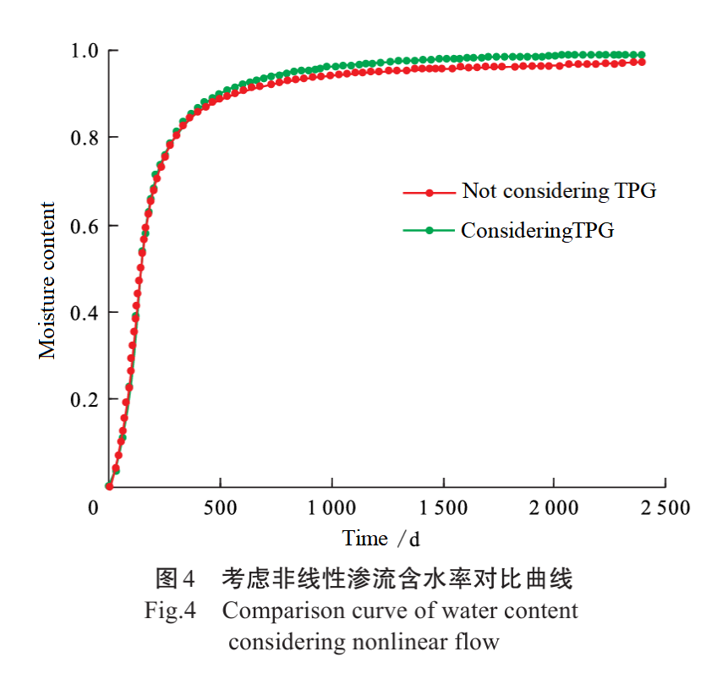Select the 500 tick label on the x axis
click(220, 508)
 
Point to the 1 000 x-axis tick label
click(331, 508)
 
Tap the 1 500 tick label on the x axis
click(443, 508)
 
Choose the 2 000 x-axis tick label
click(555, 508)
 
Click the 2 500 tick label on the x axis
click(665, 508)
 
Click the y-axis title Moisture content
click(47, 280)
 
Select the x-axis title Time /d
click(381, 539)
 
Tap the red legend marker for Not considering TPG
click(429, 193)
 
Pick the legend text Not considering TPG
click(559, 191)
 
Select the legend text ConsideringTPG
click(537, 230)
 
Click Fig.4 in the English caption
click(170, 611)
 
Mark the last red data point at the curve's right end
click(643, 62)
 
